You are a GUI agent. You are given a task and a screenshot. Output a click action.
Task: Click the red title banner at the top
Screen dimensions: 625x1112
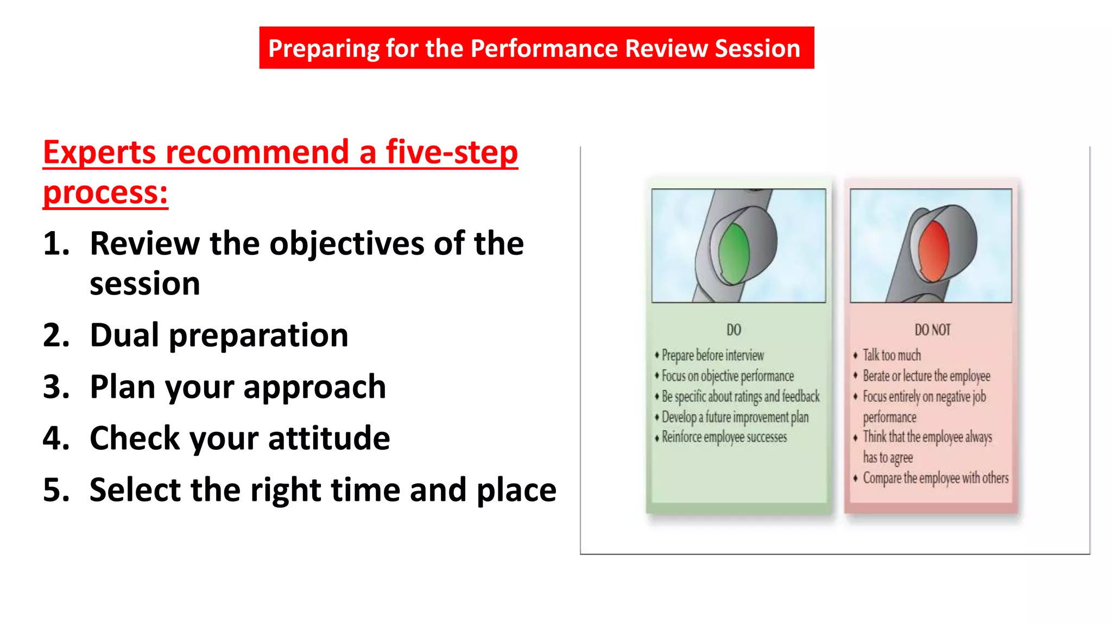click(x=536, y=48)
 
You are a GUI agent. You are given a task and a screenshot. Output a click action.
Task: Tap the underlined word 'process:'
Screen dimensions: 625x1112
click(x=105, y=193)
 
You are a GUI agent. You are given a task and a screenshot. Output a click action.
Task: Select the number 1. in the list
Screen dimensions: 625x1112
click(x=56, y=243)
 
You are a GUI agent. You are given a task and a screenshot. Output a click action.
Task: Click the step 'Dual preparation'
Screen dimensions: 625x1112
click(x=219, y=335)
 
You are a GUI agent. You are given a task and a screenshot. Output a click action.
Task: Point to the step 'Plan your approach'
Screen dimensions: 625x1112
click(x=237, y=386)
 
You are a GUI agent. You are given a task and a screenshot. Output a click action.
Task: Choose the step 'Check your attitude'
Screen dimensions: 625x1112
click(x=239, y=438)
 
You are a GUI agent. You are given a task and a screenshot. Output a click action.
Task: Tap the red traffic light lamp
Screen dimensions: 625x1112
click(x=933, y=251)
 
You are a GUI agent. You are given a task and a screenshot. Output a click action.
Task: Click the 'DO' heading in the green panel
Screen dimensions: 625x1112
click(x=734, y=330)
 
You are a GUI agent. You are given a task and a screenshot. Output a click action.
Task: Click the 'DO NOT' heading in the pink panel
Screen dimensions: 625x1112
click(x=932, y=330)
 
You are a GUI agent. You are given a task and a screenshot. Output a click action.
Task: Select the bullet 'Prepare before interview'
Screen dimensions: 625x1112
click(x=712, y=355)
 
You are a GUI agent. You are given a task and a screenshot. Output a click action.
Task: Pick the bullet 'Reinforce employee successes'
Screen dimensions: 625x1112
click(x=724, y=437)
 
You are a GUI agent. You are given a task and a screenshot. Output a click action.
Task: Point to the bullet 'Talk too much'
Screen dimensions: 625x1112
click(x=892, y=355)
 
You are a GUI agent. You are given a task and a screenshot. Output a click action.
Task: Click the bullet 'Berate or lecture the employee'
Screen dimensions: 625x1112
click(x=926, y=376)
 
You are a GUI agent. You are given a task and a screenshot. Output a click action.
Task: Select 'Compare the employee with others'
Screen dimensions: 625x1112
click(x=936, y=478)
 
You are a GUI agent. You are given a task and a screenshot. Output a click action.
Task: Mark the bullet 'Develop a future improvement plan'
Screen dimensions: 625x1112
click(x=735, y=417)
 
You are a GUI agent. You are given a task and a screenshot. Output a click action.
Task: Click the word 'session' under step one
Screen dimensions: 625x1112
click(x=144, y=284)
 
